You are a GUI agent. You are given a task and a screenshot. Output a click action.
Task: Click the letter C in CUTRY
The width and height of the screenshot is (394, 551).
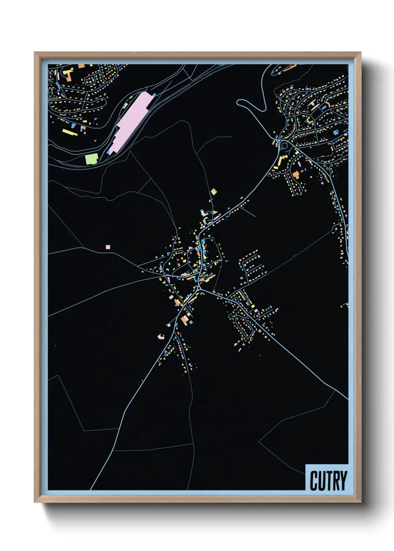pos(314,481)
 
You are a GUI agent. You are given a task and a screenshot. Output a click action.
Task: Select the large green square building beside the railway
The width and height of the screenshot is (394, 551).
pos(91,159)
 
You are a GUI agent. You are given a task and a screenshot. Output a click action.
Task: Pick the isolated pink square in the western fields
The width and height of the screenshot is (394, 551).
pos(108,246)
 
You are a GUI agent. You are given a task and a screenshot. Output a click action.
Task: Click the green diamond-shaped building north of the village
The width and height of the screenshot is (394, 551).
pos(213,192)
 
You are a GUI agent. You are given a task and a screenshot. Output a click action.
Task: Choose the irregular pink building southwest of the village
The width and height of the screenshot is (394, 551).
pos(161,337)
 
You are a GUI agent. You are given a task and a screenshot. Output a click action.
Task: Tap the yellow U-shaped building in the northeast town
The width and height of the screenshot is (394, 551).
pos(309,120)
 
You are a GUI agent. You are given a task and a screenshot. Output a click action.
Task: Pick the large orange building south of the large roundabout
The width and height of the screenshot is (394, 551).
pos(296,175)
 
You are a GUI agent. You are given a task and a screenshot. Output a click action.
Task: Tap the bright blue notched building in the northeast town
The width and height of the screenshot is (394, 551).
pos(335,132)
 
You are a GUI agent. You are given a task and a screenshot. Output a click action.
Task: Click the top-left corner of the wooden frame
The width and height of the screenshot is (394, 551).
pos(35,52)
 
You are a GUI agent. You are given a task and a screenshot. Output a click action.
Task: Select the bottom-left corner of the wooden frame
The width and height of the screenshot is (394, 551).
pos(35,502)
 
